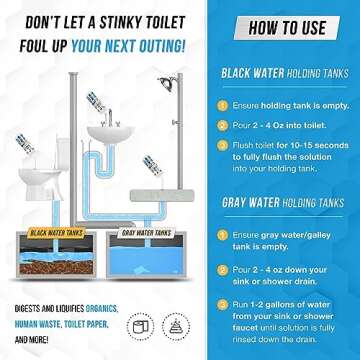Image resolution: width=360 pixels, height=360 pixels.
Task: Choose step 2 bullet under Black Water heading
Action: coord(219,124)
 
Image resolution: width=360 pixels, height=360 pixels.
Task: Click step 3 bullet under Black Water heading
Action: coord(219,146)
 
